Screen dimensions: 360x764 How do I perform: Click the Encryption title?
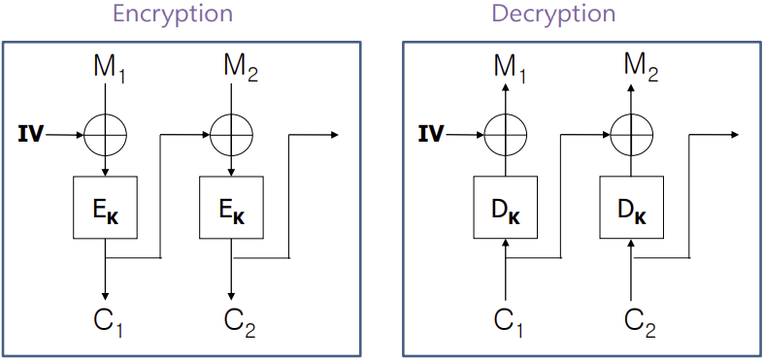pos(173,15)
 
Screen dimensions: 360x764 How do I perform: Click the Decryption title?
pos(553,15)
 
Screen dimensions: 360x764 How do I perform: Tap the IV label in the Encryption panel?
pos(31,134)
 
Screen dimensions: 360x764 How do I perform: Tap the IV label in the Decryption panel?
pos(430,134)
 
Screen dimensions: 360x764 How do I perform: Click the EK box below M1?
pos(106,208)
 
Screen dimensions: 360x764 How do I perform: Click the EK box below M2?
pos(231,208)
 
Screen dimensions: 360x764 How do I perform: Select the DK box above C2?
pos(631,208)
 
